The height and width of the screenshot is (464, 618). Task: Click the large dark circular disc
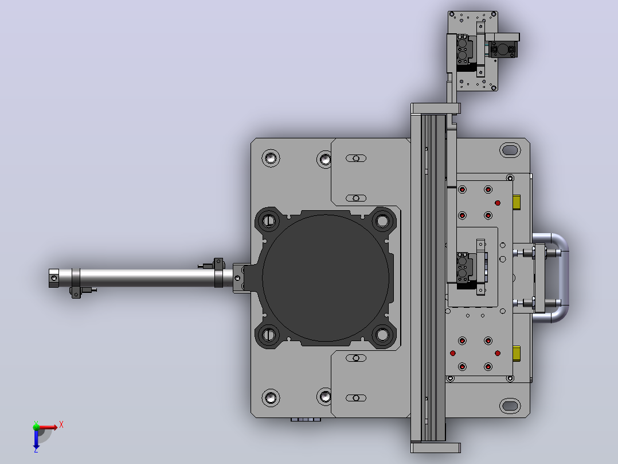click(325, 277)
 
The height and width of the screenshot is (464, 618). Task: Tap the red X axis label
click(61, 425)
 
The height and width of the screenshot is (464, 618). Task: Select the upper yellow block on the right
click(517, 202)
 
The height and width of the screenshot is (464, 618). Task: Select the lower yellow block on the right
click(517, 353)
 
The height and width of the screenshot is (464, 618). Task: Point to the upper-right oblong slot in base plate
click(510, 150)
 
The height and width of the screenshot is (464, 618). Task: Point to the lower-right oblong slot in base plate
click(510, 405)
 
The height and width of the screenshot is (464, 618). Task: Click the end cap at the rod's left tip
click(54, 278)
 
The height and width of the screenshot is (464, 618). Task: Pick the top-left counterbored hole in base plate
click(271, 158)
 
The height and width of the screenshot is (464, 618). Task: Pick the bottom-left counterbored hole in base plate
click(271, 397)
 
